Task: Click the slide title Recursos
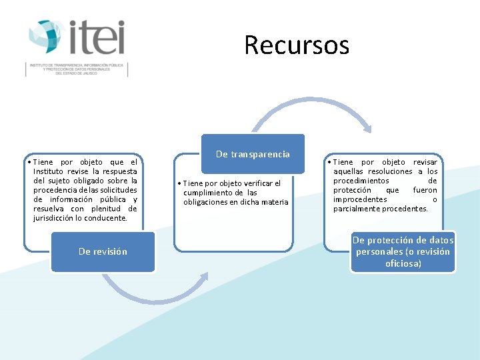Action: tap(296, 45)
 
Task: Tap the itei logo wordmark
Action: tap(97, 37)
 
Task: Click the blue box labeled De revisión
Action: tap(103, 251)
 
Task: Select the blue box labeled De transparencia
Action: tap(253, 154)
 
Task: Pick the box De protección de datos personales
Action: tap(403, 251)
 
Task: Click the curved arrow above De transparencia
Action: tap(310, 107)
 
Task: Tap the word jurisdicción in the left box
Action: tap(57, 218)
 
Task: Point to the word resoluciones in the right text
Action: tap(386, 171)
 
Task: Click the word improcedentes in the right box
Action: tap(360, 199)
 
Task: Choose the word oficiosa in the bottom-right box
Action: tap(403, 263)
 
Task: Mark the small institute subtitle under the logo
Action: tap(77, 69)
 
